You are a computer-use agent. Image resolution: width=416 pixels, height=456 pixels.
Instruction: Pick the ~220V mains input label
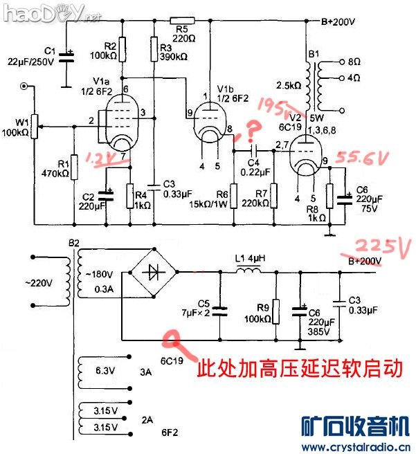tap(39, 282)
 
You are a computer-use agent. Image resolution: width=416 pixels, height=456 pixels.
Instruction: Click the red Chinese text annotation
tap(300, 367)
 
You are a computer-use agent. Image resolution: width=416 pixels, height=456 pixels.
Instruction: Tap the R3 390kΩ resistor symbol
tap(153, 48)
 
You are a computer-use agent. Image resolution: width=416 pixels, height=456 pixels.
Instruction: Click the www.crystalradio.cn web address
tap(357, 445)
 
